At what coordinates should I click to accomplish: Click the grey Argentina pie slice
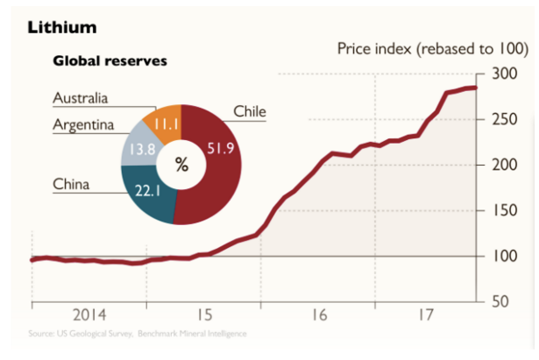click(x=138, y=145)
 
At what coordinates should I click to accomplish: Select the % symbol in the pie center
click(x=181, y=166)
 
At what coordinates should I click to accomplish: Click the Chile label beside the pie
click(x=250, y=111)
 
